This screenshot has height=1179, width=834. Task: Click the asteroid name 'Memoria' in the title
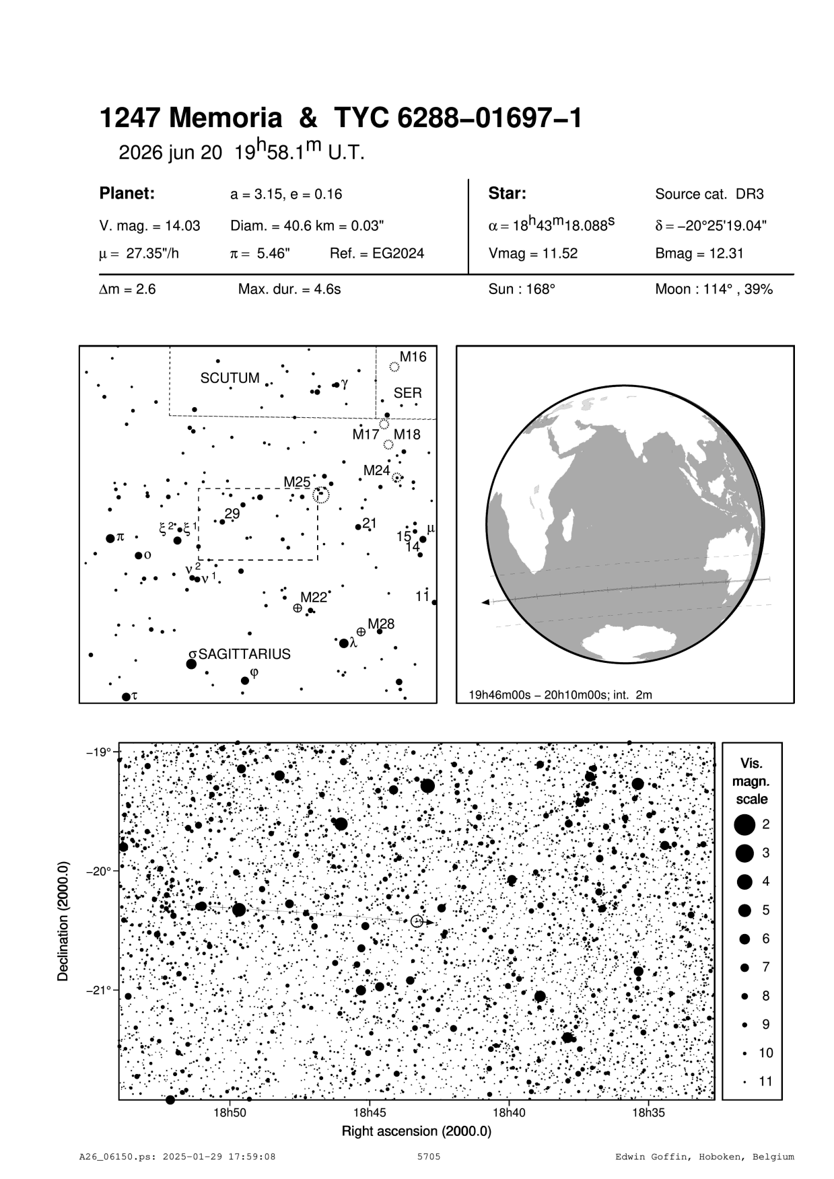click(225, 119)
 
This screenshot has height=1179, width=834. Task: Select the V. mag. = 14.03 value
click(149, 226)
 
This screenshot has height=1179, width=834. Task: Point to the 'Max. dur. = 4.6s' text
click(289, 289)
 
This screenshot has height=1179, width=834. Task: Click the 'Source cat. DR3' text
click(709, 194)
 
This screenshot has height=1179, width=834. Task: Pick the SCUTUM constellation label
click(230, 378)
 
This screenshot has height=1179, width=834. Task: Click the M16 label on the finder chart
click(413, 357)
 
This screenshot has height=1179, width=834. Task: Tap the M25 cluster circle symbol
click(322, 496)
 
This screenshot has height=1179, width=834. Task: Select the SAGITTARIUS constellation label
click(244, 654)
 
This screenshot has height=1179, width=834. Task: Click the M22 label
click(314, 597)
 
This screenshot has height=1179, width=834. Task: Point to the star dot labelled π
click(110, 538)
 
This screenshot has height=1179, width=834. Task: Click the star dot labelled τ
click(126, 696)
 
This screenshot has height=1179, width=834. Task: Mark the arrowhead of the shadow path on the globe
click(485, 602)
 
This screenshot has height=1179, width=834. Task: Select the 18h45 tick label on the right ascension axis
click(369, 1113)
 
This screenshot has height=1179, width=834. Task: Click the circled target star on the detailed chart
click(417, 921)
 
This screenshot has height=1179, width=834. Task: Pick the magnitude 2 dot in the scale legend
click(744, 824)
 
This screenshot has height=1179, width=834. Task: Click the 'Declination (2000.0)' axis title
click(64, 922)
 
